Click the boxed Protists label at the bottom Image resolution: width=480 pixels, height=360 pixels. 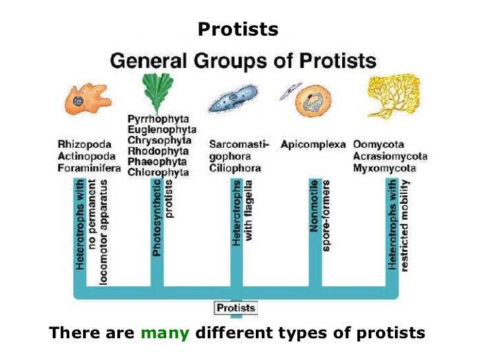coord(235,308)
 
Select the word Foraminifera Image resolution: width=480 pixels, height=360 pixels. coord(89,168)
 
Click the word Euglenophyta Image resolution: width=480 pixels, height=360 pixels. coord(160,130)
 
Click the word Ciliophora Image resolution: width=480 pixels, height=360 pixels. coord(235,168)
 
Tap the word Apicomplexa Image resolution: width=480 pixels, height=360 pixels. coord(313,144)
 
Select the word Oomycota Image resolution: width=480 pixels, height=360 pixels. coord(379,144)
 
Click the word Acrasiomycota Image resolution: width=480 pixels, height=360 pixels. coord(390,156)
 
